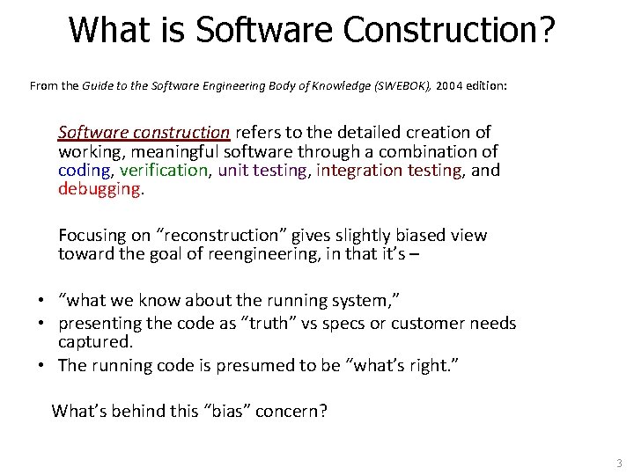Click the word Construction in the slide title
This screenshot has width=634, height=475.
pyautogui.click(x=448, y=30)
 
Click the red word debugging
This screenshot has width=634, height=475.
pyautogui.click(x=99, y=189)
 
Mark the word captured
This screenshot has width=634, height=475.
pyautogui.click(x=94, y=341)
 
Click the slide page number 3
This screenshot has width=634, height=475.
pyautogui.click(x=619, y=463)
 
